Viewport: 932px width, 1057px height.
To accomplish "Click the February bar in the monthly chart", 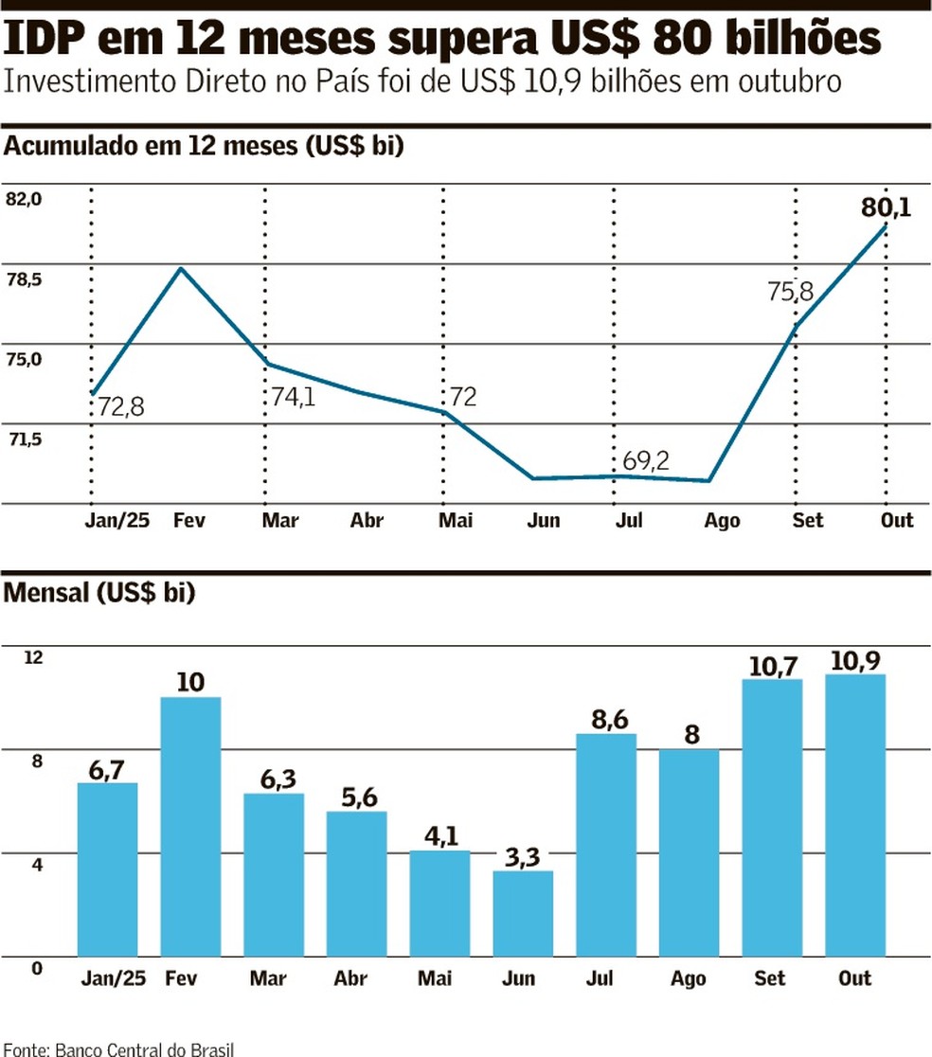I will pos(190,826).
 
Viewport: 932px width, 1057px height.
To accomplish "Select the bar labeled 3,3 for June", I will pos(523,913).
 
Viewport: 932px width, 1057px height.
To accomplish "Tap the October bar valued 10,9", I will pos(855,815).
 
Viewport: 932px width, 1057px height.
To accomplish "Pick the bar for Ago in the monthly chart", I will pos(690,852).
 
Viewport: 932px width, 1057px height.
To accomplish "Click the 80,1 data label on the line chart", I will pos(886,206).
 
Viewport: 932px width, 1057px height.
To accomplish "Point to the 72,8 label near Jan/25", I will pos(120,408).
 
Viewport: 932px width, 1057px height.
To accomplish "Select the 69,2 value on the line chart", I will pos(646,461).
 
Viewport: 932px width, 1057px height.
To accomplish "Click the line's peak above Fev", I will pos(180,269).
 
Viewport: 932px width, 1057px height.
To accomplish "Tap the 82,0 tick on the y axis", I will pos(25,199).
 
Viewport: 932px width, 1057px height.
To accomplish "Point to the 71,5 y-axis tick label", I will pos(25,439).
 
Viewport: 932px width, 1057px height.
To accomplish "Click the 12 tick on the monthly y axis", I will pos(33,657).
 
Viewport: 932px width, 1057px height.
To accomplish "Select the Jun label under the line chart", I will pos(544,521).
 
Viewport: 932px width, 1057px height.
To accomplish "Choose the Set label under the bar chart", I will pos(770,978).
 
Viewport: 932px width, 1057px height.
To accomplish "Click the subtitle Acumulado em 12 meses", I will pos(205,147).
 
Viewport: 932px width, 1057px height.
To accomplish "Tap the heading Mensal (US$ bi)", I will pos(100,594).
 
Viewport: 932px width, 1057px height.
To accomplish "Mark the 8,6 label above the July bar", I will pos(607,718).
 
